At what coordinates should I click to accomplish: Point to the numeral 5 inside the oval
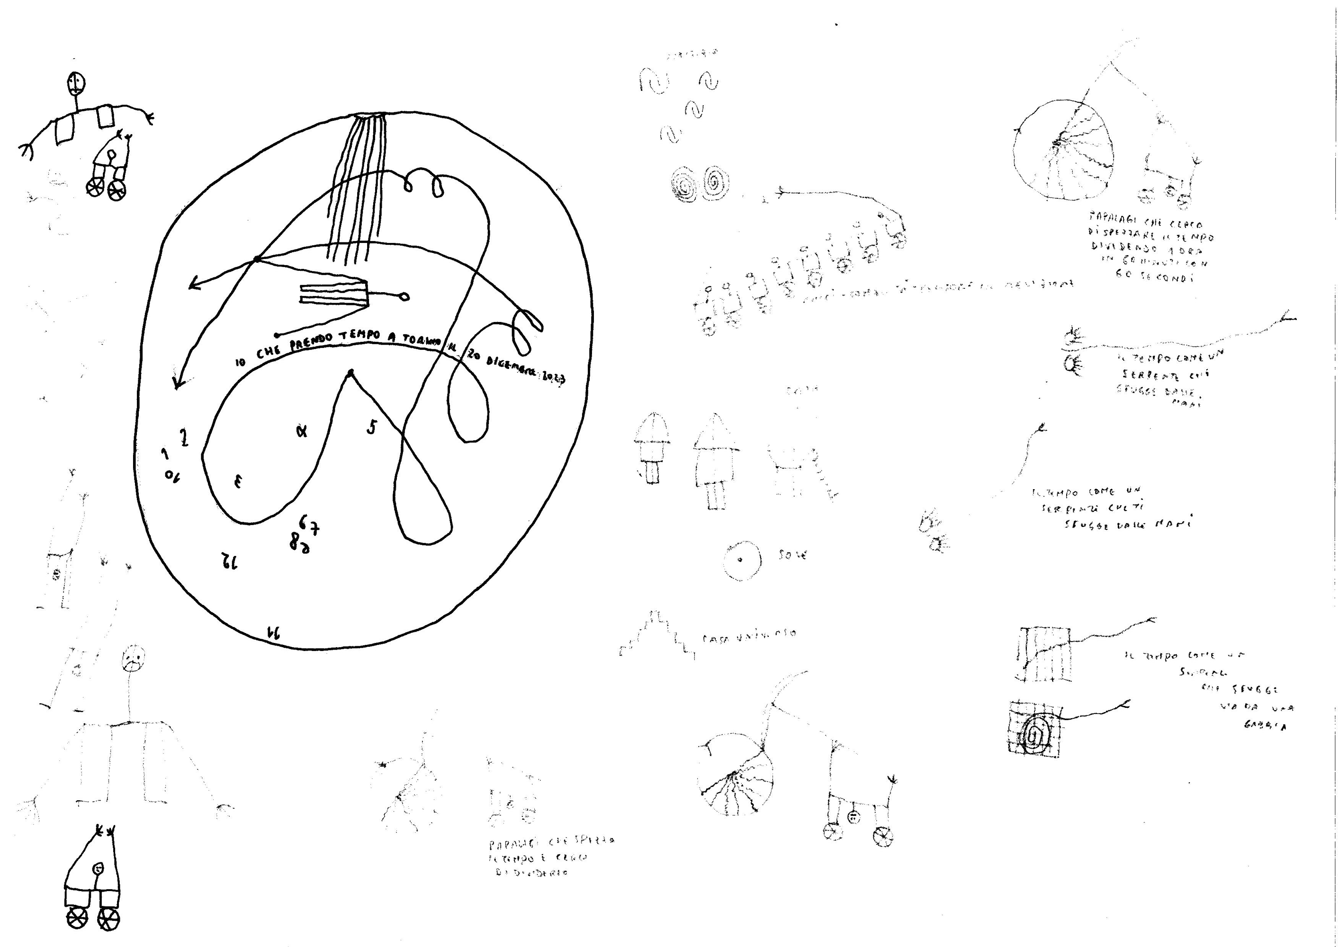click(x=371, y=428)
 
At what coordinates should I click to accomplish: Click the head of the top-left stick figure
click(x=76, y=84)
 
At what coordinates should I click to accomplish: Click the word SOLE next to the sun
click(x=792, y=555)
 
